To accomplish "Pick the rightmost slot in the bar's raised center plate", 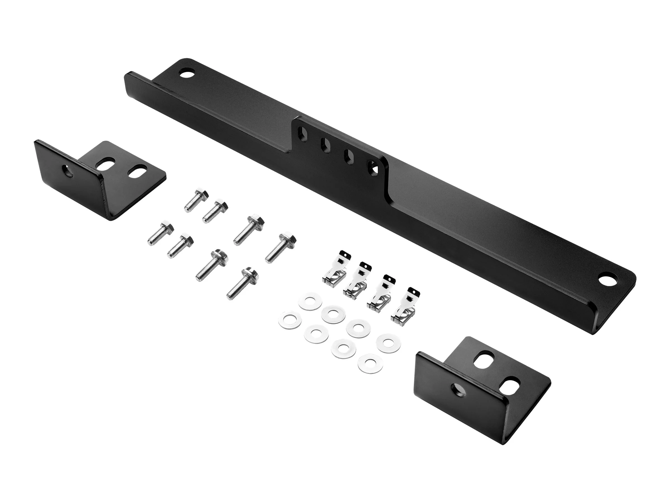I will pyautogui.click(x=373, y=167).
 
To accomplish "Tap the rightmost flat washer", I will pyautogui.click(x=388, y=343).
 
